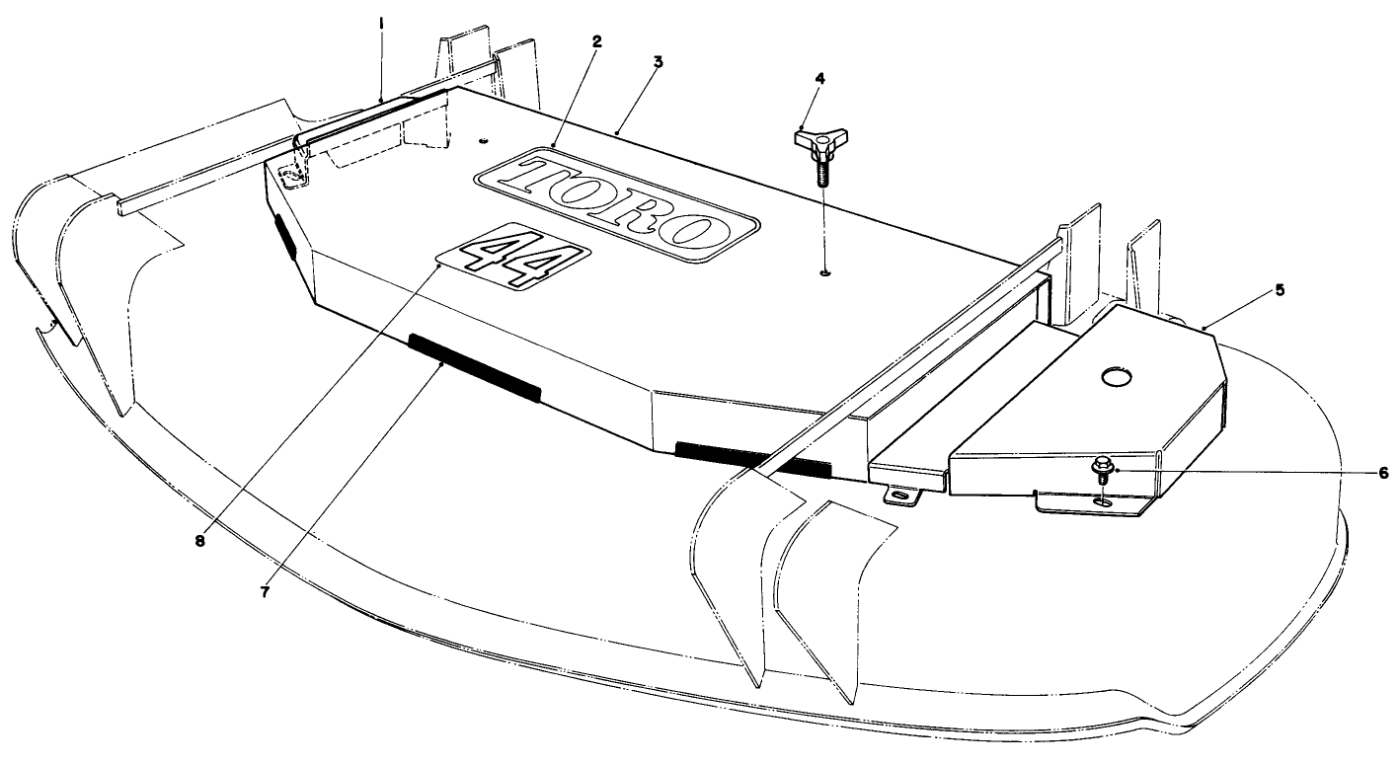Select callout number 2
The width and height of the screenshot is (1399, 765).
click(x=596, y=41)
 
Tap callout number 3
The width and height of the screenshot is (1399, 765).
click(x=658, y=62)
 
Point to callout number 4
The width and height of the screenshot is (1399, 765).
click(x=820, y=79)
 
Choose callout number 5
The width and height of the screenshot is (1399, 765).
click(x=1280, y=290)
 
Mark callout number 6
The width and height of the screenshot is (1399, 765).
click(x=1383, y=474)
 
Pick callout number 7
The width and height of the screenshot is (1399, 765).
click(x=265, y=592)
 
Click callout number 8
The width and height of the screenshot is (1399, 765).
click(x=199, y=541)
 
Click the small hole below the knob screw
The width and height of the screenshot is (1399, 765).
click(x=825, y=272)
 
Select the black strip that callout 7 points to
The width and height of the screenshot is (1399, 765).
click(x=475, y=368)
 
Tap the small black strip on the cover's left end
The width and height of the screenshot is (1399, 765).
click(x=285, y=237)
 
